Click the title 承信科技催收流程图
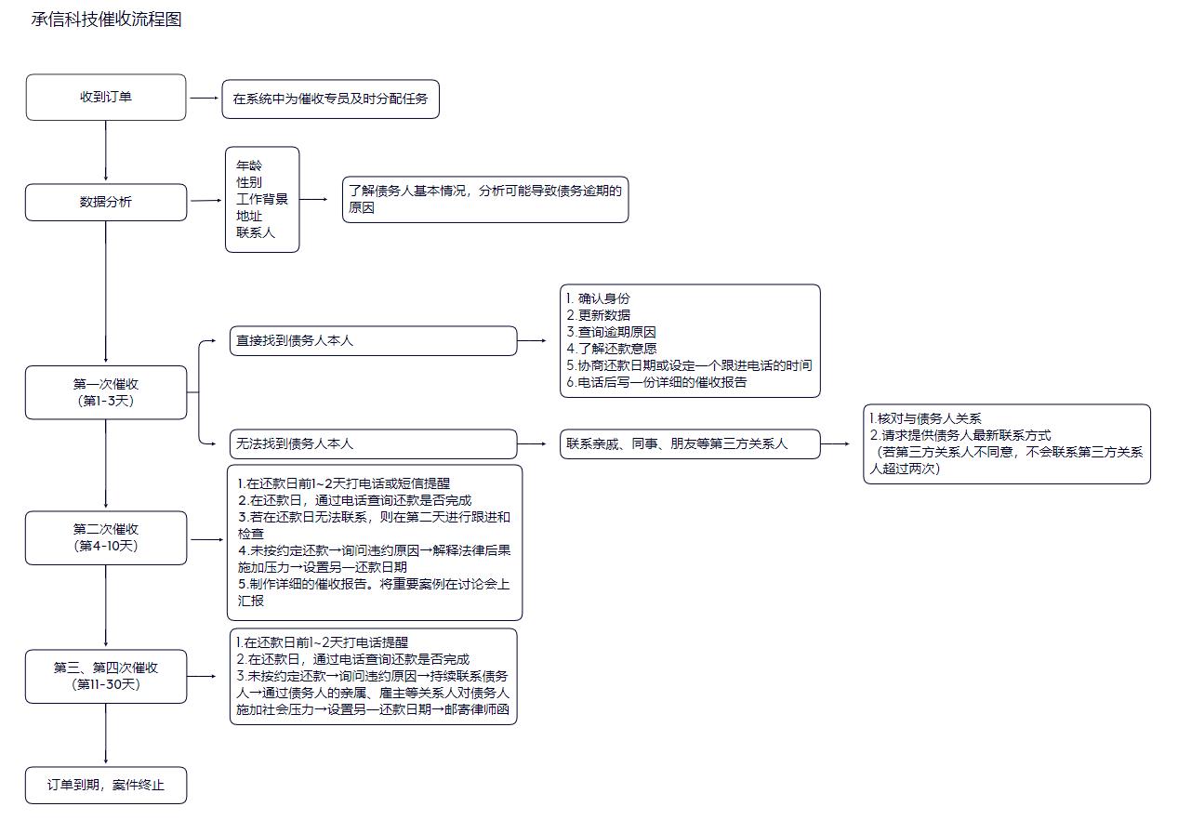pos(106,20)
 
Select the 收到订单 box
pos(106,97)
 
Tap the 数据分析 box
pos(106,202)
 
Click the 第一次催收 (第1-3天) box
pos(106,392)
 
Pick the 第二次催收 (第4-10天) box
pos(106,537)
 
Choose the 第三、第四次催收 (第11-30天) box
pos(106,676)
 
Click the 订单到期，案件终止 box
pos(106,785)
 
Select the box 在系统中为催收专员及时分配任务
pos(330,99)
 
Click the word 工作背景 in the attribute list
pos(262,199)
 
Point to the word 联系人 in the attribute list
pos(256,232)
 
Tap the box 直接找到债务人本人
pos(373,341)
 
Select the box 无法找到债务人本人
pos(373,444)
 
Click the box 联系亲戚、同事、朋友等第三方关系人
pos(689,444)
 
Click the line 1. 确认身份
pos(598,298)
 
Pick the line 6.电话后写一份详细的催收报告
pos(656,382)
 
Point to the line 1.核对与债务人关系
pos(925,419)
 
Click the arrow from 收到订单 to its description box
pos(204,97)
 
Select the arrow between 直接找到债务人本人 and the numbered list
pos(533,340)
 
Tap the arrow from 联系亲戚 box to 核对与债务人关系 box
pos(835,444)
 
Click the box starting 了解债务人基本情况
pos(484,199)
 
